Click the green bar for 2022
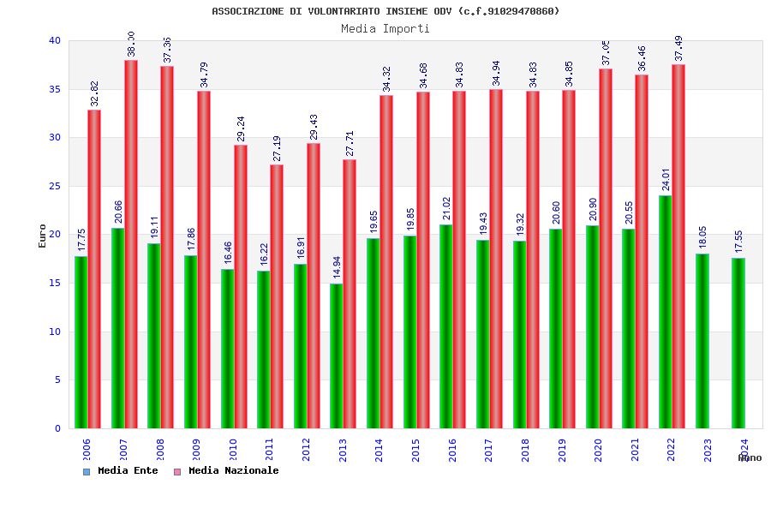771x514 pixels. coord(666,312)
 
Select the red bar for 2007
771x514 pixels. coord(131,244)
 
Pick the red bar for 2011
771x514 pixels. coord(277,296)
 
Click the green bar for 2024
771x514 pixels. coord(738,343)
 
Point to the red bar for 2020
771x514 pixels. coord(606,248)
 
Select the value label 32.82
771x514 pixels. coord(94,94)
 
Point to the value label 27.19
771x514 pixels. coord(277,149)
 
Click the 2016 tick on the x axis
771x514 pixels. coord(452,450)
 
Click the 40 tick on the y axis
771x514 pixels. coord(55,40)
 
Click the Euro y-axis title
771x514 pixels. coord(43,236)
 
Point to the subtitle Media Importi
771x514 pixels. coord(385,28)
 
